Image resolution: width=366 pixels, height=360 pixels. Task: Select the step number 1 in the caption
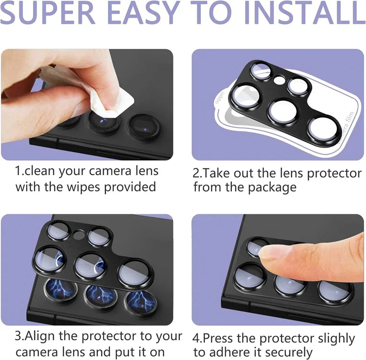pyautogui.click(x=18, y=171)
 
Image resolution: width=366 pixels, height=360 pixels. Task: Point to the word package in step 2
pyautogui.click(x=273, y=187)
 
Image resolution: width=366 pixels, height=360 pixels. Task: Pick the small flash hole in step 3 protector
pyautogui.click(x=79, y=235)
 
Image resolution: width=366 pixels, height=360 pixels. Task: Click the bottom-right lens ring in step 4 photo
pyautogui.click(x=336, y=291)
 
